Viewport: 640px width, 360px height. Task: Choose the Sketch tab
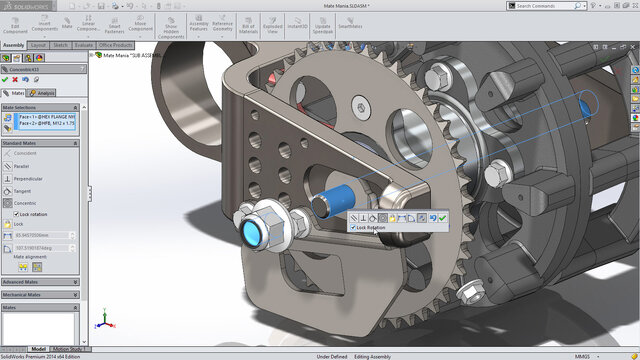coord(60,45)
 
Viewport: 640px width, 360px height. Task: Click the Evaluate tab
coord(84,45)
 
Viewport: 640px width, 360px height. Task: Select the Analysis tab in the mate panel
coord(44,92)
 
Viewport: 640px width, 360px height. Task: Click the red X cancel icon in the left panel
coord(17,80)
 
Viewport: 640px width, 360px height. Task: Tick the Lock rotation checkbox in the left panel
coord(15,214)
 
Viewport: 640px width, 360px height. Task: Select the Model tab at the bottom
coord(38,349)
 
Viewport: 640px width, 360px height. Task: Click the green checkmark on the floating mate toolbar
coord(442,217)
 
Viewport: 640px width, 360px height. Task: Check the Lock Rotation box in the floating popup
coord(353,228)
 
